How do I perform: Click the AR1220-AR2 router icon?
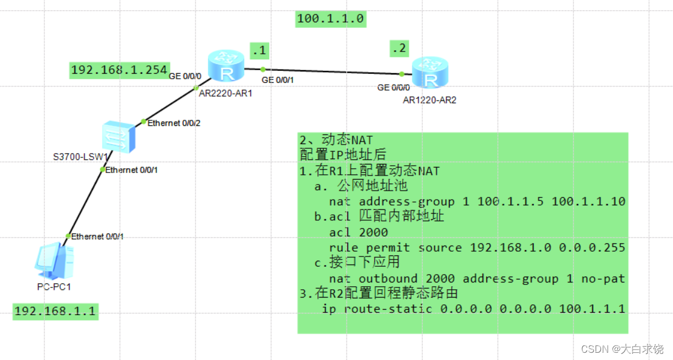coord(429,74)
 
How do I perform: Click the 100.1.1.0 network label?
coord(330,19)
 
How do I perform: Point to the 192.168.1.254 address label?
coord(119,70)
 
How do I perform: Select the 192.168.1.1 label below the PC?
coord(55,312)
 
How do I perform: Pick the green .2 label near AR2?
coord(399,48)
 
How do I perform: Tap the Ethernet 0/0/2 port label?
coord(174,123)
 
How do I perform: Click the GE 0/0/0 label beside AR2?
coord(397,88)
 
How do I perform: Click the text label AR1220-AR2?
coord(429,100)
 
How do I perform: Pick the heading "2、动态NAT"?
coord(336,140)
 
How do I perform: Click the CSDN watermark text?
coord(622,349)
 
